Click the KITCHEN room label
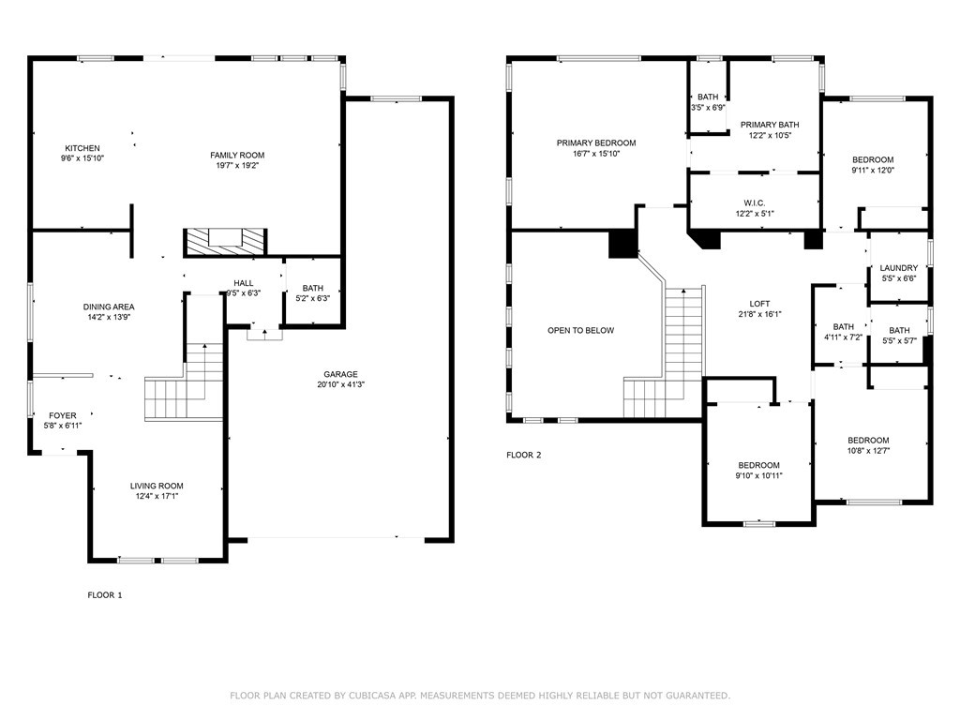tap(82, 148)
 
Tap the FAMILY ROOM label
tap(237, 156)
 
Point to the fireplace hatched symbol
tap(225, 241)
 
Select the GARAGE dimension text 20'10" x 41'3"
tap(341, 384)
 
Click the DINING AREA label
tap(109, 307)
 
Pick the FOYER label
tap(63, 415)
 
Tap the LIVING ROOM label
tap(157, 487)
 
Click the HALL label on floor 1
tap(244, 283)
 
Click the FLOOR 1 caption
tap(105, 595)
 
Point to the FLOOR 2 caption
tap(524, 455)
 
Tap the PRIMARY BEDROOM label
tap(596, 142)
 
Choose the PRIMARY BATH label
tap(771, 125)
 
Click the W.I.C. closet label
tap(755, 203)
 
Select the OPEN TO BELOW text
tap(581, 331)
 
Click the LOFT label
tap(759, 304)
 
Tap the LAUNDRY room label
tap(899, 267)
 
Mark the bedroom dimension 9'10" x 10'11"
tap(759, 475)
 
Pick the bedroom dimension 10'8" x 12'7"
tap(869, 451)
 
